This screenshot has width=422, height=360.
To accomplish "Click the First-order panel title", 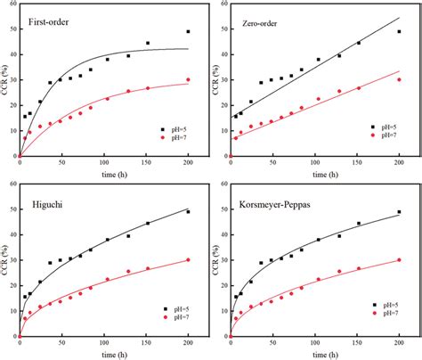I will (x=52, y=21).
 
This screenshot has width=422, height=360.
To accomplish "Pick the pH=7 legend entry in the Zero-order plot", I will (x=387, y=137).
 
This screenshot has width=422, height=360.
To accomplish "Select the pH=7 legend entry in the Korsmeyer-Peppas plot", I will (x=387, y=316).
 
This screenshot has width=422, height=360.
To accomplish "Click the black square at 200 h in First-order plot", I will (x=188, y=32).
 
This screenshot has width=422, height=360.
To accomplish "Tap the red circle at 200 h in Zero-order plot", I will (x=399, y=79).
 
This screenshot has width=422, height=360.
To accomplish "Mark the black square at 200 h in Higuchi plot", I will (x=188, y=212).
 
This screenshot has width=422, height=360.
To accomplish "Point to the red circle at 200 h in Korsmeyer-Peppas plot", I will (x=399, y=259).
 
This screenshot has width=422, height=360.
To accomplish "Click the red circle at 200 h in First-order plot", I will (x=188, y=79).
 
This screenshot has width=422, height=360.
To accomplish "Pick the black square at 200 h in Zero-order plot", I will (x=399, y=32).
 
